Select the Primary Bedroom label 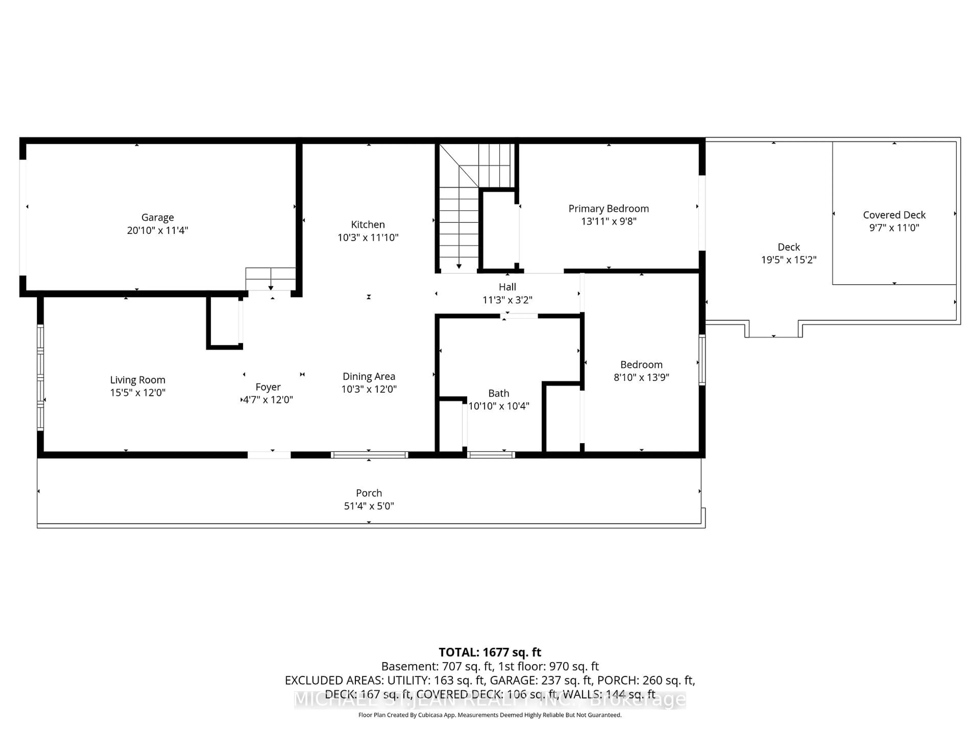(x=608, y=209)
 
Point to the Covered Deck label (x=894, y=215)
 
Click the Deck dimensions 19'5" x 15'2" (x=789, y=260)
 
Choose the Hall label (x=507, y=287)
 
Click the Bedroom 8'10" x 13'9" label (x=641, y=365)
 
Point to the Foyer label (x=268, y=387)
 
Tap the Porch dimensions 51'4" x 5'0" (x=369, y=506)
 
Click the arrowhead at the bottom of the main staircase (x=459, y=266)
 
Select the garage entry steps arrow (x=271, y=288)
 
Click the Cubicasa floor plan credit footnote (x=489, y=715)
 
